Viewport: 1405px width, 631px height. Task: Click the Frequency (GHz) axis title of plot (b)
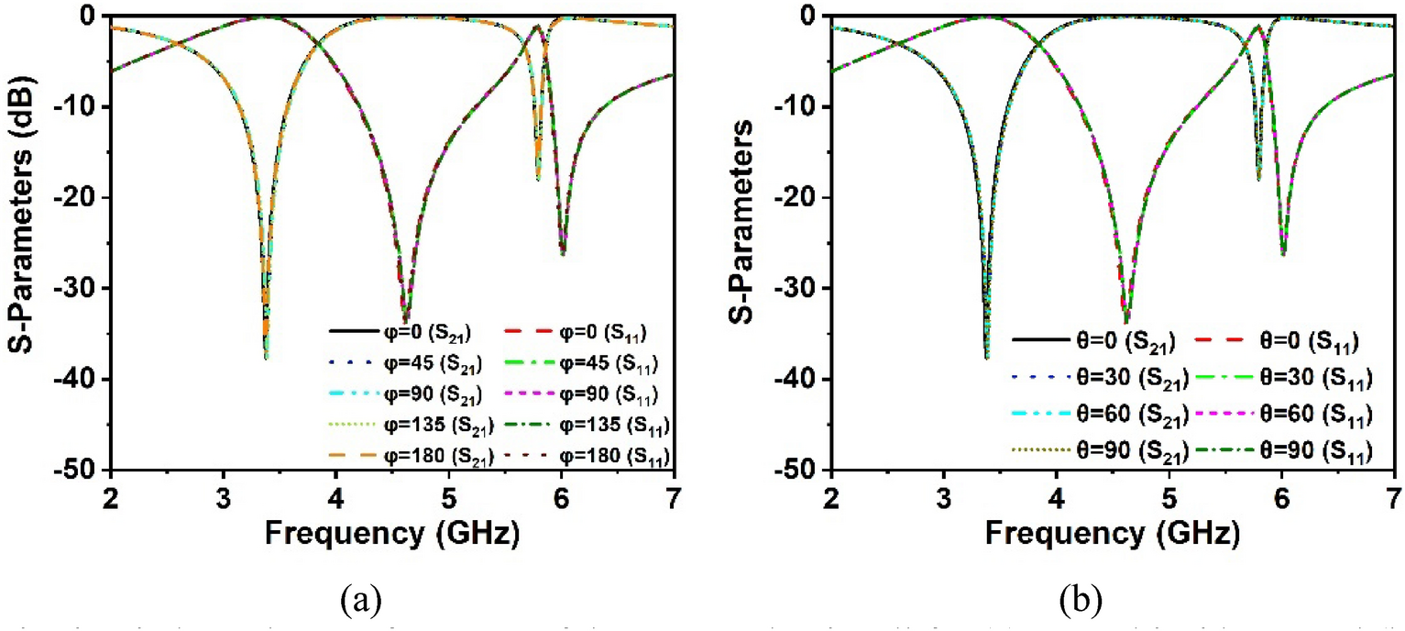click(x=1111, y=531)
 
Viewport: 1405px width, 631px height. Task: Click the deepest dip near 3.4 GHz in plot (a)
click(x=266, y=358)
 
